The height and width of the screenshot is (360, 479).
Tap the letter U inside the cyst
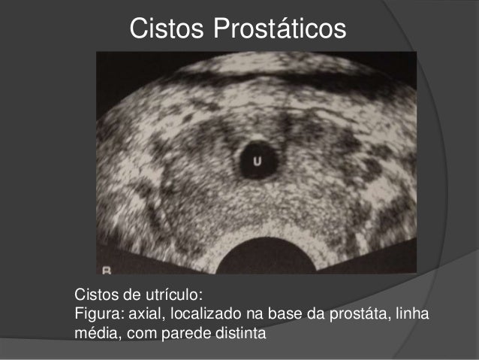256,161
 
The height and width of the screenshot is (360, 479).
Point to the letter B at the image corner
107,268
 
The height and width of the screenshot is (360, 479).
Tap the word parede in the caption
179,331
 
